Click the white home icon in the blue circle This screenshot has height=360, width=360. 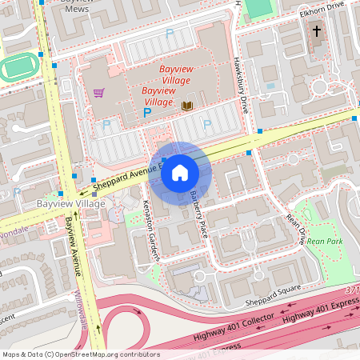click(x=180, y=173)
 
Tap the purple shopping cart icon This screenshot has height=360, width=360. click(x=98, y=92)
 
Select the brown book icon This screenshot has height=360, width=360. click(x=188, y=106)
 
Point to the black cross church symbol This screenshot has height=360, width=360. click(x=317, y=31)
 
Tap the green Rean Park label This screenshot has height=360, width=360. click(x=325, y=241)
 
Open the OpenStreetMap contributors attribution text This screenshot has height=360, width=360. click(x=80, y=354)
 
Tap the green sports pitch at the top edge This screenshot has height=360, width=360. click(x=258, y=8)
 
